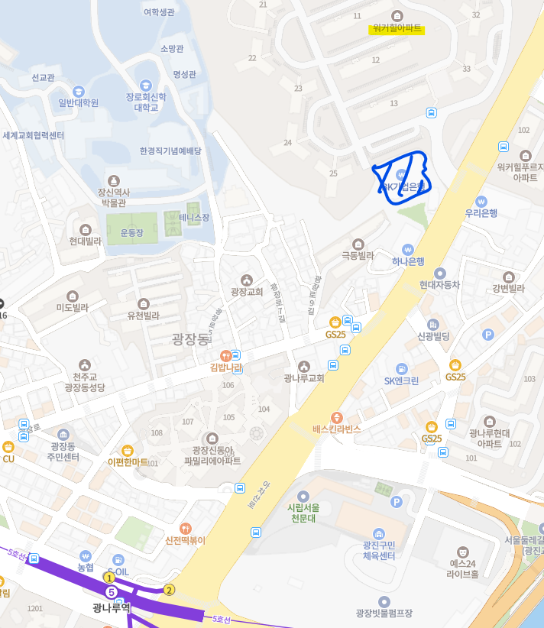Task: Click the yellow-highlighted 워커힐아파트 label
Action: [x=397, y=28]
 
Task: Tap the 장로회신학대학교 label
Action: [x=146, y=102]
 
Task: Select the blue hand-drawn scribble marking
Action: [x=402, y=180]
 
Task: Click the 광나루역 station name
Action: [x=111, y=608]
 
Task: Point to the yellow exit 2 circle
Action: [x=169, y=590]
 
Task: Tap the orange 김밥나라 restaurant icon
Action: [x=225, y=355]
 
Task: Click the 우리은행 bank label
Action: [x=481, y=213]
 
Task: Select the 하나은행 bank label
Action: [x=408, y=261]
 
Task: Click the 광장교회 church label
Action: [x=246, y=292]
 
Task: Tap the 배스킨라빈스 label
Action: [x=336, y=429]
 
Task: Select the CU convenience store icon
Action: [x=8, y=447]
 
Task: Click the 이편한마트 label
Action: [x=128, y=461]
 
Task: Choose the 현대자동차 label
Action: [x=439, y=284]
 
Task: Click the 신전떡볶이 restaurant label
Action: [x=186, y=540]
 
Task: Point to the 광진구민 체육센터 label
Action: [x=379, y=550]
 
